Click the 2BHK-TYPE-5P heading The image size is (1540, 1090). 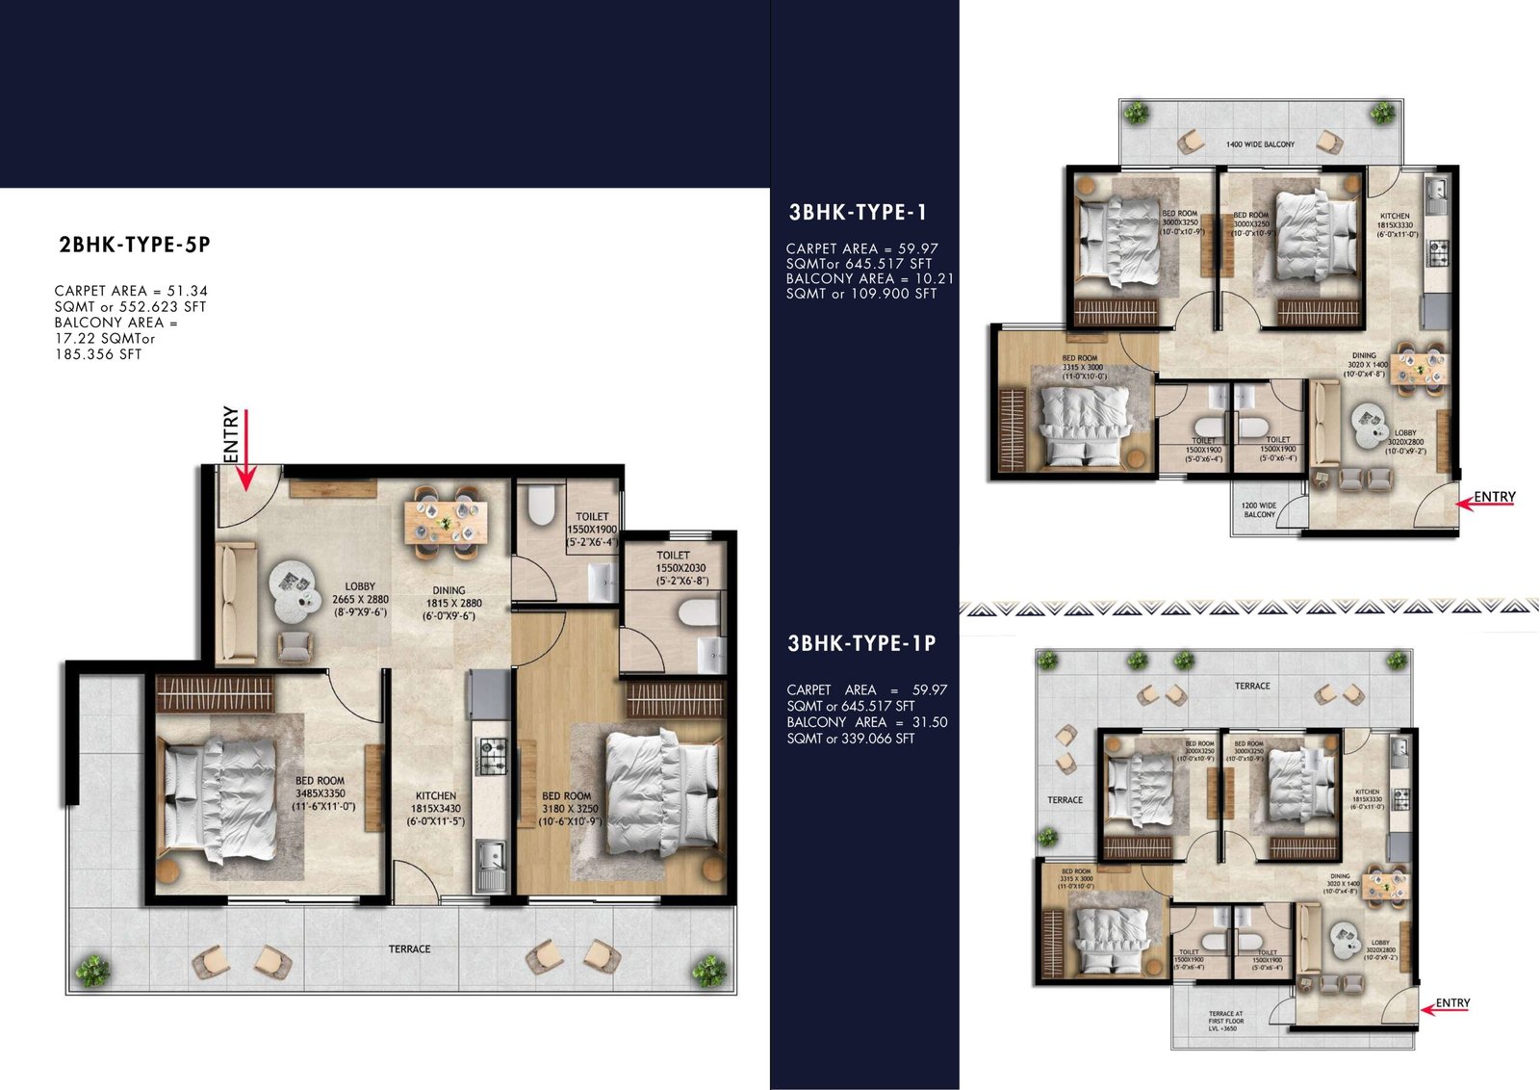point(135,245)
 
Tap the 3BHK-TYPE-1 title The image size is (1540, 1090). point(858,213)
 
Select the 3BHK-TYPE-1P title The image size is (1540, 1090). point(861,644)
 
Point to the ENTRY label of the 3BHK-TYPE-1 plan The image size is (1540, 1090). point(1495,497)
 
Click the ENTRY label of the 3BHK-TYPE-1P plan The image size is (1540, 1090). point(1452,1003)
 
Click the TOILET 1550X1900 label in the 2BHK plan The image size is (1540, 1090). point(592,530)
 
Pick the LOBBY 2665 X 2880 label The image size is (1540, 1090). point(361,599)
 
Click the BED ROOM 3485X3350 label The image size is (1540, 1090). point(321,793)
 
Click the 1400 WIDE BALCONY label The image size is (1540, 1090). point(1260,144)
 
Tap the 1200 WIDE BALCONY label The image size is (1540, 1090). point(1259,510)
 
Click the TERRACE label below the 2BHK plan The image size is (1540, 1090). point(409,949)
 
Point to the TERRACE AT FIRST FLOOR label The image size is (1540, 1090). point(1225,1021)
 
